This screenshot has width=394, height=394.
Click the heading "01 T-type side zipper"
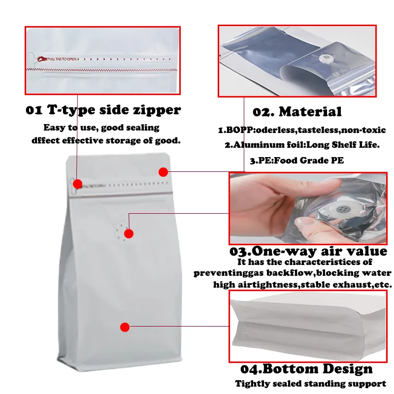[103, 110]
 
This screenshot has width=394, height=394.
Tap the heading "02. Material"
[297, 112]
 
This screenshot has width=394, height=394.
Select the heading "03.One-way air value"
[308, 251]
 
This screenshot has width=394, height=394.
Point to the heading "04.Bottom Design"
[306, 369]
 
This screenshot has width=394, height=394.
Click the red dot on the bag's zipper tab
[77, 184]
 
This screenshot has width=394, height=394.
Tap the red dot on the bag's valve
[129, 233]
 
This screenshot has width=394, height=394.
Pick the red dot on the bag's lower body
[125, 327]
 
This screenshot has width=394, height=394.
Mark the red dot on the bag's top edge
[163, 172]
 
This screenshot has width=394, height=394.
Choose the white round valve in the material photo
[325, 59]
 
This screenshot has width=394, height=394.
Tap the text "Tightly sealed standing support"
[310, 384]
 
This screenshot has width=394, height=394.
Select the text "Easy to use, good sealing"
[101, 128]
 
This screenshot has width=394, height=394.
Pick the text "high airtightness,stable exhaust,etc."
[302, 285]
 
